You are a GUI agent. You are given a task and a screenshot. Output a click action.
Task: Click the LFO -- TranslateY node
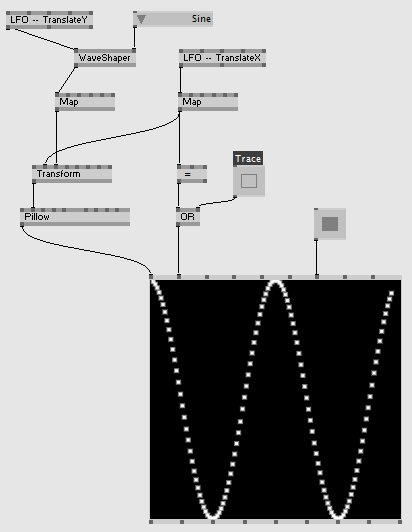pyautogui.click(x=50, y=20)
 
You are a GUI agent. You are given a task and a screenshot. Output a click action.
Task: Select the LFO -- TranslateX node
pyautogui.click(x=222, y=58)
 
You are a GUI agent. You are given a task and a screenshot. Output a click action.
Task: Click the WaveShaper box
pyautogui.click(x=105, y=58)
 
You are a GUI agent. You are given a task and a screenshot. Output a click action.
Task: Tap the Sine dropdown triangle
pyautogui.click(x=141, y=19)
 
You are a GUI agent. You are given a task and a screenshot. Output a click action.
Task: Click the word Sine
pyautogui.click(x=201, y=19)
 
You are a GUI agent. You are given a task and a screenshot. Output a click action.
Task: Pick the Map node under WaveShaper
pyautogui.click(x=85, y=102)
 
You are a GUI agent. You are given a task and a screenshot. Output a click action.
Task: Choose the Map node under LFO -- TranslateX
pyautogui.click(x=208, y=102)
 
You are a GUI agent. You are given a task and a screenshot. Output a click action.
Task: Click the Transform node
pyautogui.click(x=72, y=174)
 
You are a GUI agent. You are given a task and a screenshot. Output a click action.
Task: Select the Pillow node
pyautogui.click(x=75, y=217)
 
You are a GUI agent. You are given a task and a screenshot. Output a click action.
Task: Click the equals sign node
pyautogui.click(x=192, y=174)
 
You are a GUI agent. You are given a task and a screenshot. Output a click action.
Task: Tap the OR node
pyautogui.click(x=188, y=217)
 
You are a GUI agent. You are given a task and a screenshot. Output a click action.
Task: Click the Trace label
pyautogui.click(x=248, y=159)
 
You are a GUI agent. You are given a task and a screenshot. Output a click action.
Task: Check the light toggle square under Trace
pyautogui.click(x=249, y=181)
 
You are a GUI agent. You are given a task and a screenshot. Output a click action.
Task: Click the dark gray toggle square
pyautogui.click(x=330, y=224)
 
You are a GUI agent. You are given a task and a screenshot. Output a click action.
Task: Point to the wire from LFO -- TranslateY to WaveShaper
pyautogui.click(x=45, y=39)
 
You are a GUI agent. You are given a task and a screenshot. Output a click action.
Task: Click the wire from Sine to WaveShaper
pyautogui.click(x=134, y=37)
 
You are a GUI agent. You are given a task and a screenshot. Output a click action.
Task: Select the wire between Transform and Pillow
pyautogui.click(x=33, y=196)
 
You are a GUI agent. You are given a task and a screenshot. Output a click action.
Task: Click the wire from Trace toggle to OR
pyautogui.click(x=217, y=202)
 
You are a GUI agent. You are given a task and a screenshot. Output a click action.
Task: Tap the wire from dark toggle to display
pyautogui.click(x=316, y=258)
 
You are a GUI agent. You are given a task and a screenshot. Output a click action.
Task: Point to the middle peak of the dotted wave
pyautogui.click(x=276, y=282)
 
